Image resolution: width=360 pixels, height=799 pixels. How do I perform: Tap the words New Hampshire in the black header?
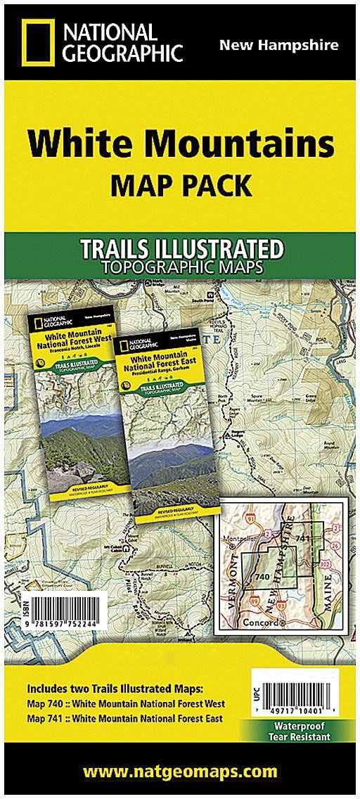pyautogui.click(x=278, y=46)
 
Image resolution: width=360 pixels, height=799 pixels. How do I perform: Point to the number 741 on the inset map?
pyautogui.click(x=302, y=538)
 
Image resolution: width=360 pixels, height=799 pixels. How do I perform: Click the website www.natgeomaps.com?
pyautogui.click(x=180, y=772)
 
